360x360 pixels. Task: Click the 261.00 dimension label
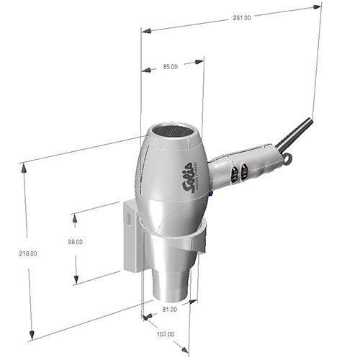tap(242, 18)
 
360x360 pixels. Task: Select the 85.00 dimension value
tap(170, 66)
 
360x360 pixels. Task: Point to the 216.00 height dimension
tap(29, 254)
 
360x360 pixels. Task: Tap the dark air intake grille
tap(176, 132)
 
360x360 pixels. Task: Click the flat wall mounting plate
tap(132, 238)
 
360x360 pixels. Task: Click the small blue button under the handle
tap(211, 192)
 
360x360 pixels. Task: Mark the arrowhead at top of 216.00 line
tap(24, 166)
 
